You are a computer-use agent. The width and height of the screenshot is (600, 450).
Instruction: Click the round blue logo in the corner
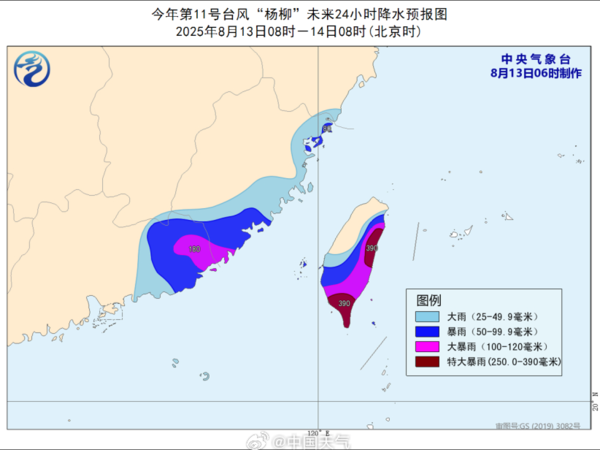[x=33, y=69]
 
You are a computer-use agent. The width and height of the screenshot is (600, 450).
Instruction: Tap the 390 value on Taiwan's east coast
[x=373, y=248]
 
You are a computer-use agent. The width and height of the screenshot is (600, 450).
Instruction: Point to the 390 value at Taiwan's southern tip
[x=344, y=303]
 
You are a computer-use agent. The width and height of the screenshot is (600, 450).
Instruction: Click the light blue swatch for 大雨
[x=430, y=316]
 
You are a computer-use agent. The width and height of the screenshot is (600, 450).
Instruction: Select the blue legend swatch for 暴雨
[x=430, y=331]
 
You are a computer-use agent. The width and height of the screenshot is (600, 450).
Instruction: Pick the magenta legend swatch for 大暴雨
[x=430, y=345]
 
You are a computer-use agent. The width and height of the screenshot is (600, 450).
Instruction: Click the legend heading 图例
[x=429, y=300]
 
